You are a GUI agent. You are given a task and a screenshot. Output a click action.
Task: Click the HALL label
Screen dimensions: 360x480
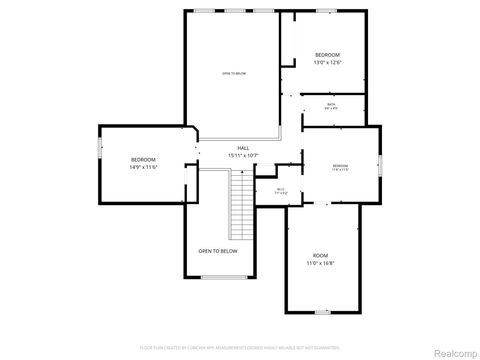(243, 147)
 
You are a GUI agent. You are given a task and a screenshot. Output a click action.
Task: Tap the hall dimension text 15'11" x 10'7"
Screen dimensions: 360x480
(243, 155)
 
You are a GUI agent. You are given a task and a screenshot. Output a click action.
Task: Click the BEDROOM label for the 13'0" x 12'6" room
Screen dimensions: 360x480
(328, 54)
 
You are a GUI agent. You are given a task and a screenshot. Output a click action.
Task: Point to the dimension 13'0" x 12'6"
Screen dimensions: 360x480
(328, 62)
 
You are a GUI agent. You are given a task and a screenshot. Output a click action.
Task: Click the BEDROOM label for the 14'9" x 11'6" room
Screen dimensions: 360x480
(144, 160)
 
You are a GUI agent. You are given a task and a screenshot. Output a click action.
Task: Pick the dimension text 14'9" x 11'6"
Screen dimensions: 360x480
(144, 168)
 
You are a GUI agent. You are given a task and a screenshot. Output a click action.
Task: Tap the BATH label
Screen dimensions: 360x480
(331, 103)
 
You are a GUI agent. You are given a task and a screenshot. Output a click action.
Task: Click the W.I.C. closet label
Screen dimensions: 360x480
(281, 190)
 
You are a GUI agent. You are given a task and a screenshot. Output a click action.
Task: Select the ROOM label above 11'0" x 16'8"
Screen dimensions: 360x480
(319, 257)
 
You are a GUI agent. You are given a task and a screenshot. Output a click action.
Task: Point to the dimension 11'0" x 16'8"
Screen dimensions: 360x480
(319, 265)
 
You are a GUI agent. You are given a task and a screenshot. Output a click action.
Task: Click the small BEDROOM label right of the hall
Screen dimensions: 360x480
(340, 165)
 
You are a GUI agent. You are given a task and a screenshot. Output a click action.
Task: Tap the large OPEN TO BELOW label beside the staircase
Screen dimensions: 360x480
(218, 251)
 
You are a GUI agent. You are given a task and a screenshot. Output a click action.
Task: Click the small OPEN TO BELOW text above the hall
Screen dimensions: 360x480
(233, 73)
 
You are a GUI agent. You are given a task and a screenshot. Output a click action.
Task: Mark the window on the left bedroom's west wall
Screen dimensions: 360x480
(98, 147)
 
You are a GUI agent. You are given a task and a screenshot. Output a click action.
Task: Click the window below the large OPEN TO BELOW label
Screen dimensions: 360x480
(218, 277)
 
